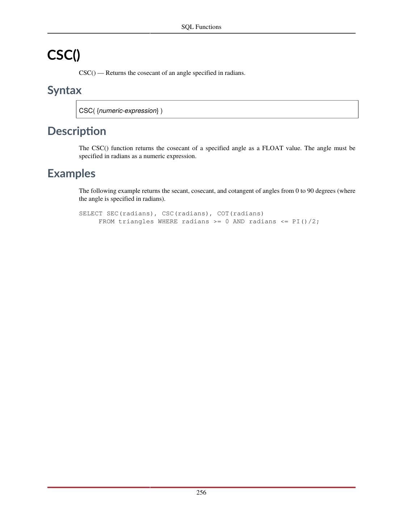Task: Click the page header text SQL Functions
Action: point(201,27)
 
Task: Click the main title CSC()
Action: point(64,55)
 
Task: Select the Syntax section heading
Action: point(64,90)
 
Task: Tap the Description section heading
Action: point(77,131)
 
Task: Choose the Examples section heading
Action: point(71,174)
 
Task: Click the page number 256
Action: point(201,492)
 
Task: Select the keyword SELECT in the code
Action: point(91,213)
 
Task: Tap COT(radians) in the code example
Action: point(240,213)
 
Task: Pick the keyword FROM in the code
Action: point(106,221)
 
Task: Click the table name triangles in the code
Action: point(136,221)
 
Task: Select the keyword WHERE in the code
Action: point(168,221)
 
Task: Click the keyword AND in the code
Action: point(239,221)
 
